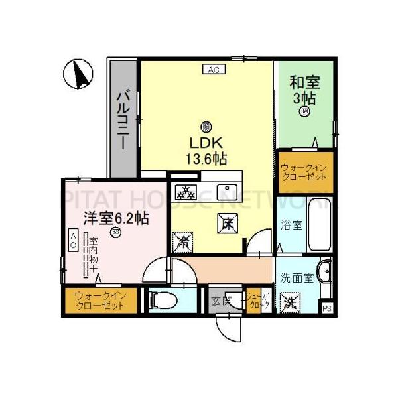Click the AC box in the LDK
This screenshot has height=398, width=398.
point(214,68)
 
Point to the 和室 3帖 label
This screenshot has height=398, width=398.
point(305,90)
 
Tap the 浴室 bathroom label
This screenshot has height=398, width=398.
point(293,225)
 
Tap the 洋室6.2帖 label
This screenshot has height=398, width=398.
point(115,218)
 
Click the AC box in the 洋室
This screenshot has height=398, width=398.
point(73,239)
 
